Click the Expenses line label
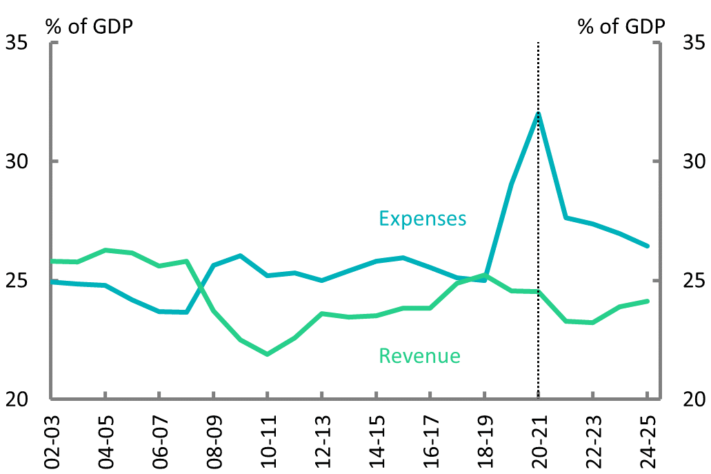[x=422, y=219]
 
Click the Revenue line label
[x=419, y=356]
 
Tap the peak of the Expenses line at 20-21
[x=538, y=113]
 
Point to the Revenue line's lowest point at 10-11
[x=267, y=354]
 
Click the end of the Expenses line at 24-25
[x=648, y=246]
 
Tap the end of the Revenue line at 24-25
[x=648, y=301]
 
